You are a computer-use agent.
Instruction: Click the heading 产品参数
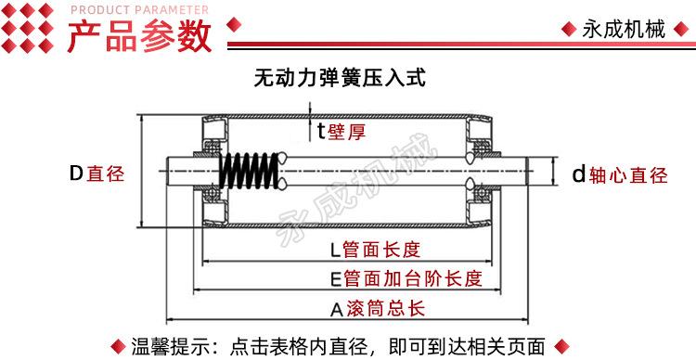(x=140, y=36)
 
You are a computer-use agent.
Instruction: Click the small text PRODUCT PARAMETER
(x=139, y=10)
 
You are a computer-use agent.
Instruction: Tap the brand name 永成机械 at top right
(x=624, y=30)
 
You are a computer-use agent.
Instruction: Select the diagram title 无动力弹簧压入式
(x=340, y=78)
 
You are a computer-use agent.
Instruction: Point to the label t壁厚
(x=342, y=131)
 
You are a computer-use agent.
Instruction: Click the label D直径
(x=97, y=174)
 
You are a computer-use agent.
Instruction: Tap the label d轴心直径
(x=620, y=175)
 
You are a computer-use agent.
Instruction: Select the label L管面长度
(x=375, y=250)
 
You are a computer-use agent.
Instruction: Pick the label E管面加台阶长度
(x=406, y=278)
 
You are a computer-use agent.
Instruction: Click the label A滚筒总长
(x=378, y=309)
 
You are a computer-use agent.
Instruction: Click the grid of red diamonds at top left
(x=27, y=28)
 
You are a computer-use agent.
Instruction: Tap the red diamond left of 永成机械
(x=569, y=30)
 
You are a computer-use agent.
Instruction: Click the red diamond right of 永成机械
(x=681, y=30)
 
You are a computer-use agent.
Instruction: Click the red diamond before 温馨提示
(x=118, y=346)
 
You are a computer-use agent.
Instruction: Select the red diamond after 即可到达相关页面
(x=562, y=346)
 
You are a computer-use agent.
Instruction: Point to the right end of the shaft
(x=529, y=172)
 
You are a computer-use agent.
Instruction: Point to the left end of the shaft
(x=167, y=172)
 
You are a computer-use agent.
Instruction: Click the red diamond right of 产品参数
(x=234, y=24)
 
